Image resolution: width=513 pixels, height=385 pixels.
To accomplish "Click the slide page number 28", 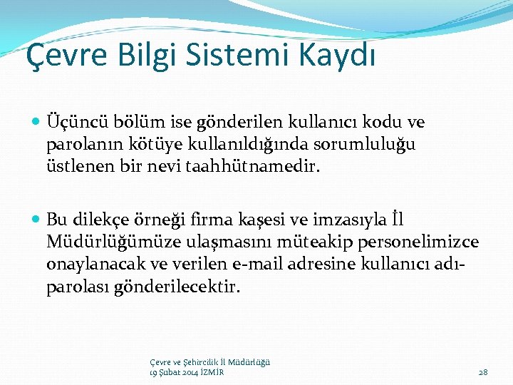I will coord(482,371).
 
